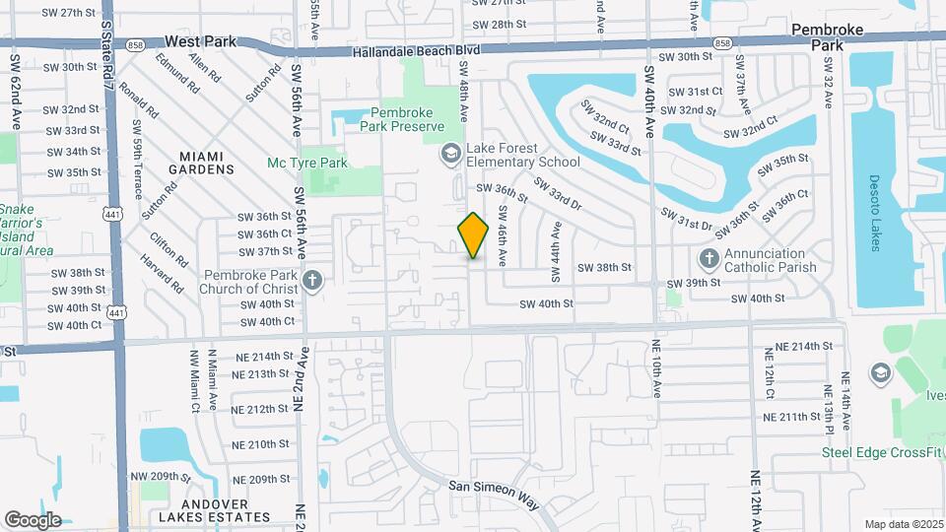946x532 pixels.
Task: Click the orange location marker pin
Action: pyautogui.click(x=473, y=235)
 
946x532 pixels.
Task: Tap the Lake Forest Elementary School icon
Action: pyautogui.click(x=451, y=154)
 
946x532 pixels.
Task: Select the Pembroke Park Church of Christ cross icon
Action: pyautogui.click(x=312, y=281)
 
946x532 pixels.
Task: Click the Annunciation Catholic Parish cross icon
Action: pyautogui.click(x=708, y=259)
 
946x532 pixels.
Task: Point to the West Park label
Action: pyautogui.click(x=201, y=41)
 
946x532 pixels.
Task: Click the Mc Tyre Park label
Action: pyautogui.click(x=307, y=163)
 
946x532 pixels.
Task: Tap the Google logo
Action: pyautogui.click(x=33, y=519)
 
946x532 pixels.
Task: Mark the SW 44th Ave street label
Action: pyautogui.click(x=557, y=245)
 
